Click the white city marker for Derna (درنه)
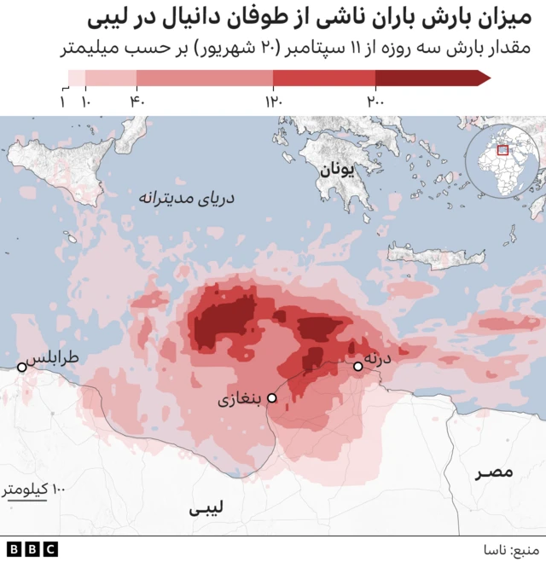[358, 367]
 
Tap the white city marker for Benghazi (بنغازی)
[272, 398]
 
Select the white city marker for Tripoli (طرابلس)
[22, 368]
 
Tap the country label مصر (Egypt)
[495, 472]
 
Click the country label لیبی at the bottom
[206, 509]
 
